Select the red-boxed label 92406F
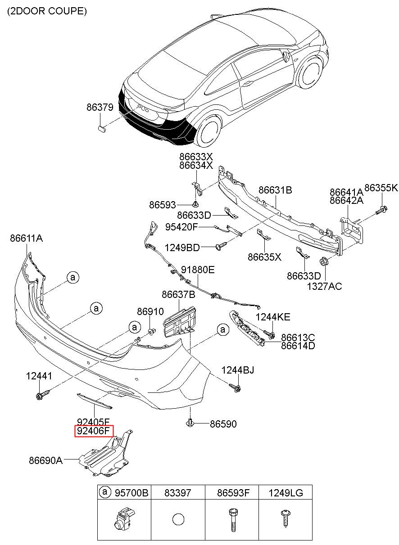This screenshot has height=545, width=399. click(94, 432)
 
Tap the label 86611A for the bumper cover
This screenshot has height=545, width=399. click(27, 239)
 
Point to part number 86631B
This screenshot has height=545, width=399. click(275, 190)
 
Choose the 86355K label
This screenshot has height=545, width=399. click(381, 188)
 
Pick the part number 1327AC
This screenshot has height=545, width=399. click(324, 286)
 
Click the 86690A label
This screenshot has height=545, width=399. click(45, 460)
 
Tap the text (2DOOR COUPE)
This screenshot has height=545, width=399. click(46, 11)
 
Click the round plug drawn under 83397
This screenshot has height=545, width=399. click(178, 519)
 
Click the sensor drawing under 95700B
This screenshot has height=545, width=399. click(123, 520)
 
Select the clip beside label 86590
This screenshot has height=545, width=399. click(191, 423)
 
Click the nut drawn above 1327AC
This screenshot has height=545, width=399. click(323, 262)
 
